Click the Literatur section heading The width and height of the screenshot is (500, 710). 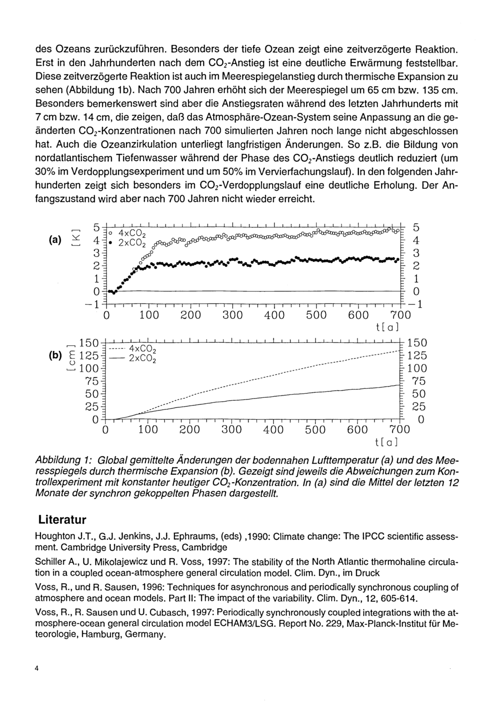pyautogui.click(x=61, y=519)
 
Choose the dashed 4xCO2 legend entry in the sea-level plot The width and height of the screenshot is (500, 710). pyautogui.click(x=133, y=348)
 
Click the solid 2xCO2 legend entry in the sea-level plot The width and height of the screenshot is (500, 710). pyautogui.click(x=133, y=359)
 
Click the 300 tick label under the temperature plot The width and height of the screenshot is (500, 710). pyautogui.click(x=231, y=315)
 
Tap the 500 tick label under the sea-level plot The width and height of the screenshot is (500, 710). pyautogui.click(x=315, y=430)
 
